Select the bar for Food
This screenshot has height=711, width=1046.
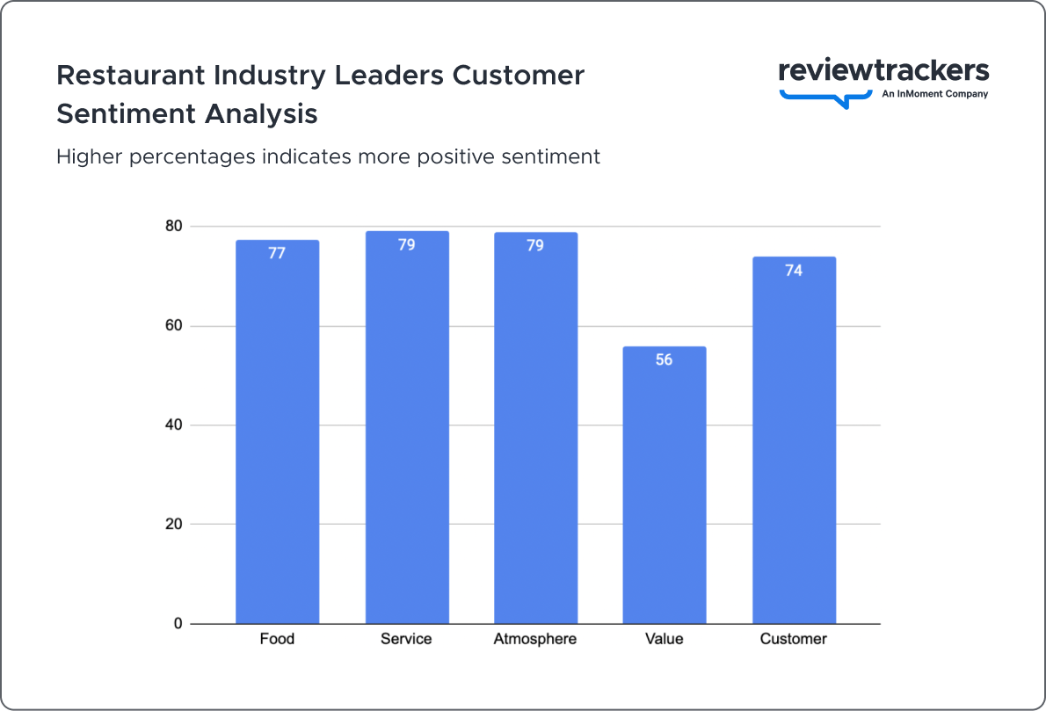click(277, 439)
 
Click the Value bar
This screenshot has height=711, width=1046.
click(664, 492)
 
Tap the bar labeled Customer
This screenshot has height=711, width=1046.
click(794, 448)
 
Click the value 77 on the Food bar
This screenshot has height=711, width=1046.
click(277, 254)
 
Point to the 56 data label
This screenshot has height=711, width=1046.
click(664, 360)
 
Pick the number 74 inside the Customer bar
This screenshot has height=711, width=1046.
click(794, 271)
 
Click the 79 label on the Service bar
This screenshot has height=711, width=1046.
click(406, 245)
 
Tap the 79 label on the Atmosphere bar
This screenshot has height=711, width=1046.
click(535, 246)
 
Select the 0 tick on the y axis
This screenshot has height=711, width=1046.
click(178, 624)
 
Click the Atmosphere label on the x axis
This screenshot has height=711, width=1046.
click(535, 639)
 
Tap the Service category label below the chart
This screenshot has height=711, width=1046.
click(406, 639)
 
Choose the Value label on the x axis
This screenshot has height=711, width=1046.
click(664, 639)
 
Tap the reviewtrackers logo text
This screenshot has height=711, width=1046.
click(883, 71)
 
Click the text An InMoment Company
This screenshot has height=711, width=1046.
click(934, 94)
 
